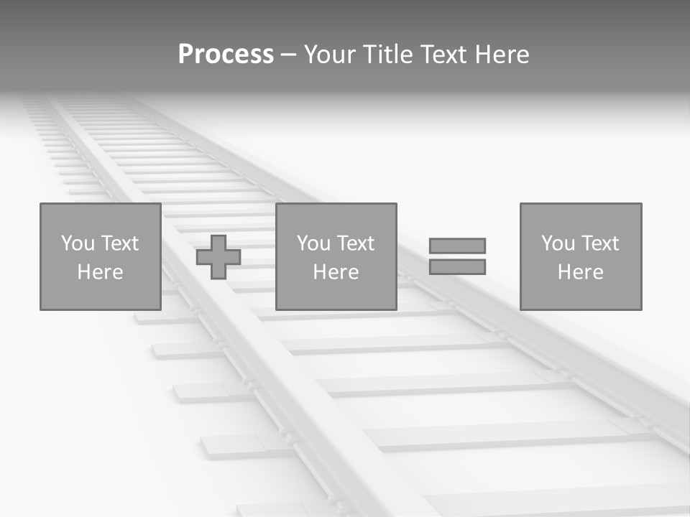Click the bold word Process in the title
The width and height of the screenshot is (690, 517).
[226, 55]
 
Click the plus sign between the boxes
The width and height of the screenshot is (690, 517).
[218, 257]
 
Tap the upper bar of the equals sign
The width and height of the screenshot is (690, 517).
[457, 246]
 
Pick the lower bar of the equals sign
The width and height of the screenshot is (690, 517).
[457, 266]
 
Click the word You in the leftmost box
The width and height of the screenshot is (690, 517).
[78, 243]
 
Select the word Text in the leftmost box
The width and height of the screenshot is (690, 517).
[119, 243]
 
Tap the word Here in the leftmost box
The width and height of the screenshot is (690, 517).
[100, 272]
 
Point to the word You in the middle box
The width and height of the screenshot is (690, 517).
[313, 243]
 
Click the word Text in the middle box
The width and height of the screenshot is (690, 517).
[355, 243]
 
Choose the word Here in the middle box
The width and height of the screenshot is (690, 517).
[336, 272]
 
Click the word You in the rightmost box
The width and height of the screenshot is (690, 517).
[558, 243]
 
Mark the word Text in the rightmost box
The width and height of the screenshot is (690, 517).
[599, 243]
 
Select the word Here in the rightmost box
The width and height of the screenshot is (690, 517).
[580, 272]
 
